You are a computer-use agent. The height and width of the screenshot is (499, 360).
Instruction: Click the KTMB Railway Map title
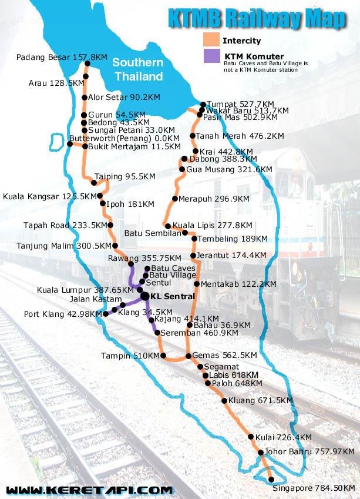click(257, 18)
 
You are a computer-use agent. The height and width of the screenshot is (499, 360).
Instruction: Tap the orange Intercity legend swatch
click(211, 40)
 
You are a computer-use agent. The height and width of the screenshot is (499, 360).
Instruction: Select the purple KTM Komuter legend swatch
click(211, 56)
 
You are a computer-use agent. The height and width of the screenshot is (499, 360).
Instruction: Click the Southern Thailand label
click(138, 69)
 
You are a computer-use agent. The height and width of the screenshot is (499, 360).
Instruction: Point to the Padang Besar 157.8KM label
click(62, 57)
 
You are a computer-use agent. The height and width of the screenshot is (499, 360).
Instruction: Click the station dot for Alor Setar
click(85, 98)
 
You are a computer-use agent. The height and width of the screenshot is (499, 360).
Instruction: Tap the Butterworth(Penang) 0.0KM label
click(116, 138)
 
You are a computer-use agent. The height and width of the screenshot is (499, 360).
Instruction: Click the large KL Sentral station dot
click(144, 296)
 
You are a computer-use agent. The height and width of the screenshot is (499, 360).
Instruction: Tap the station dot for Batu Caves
click(147, 268)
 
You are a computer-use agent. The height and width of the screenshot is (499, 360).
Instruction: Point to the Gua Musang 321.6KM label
click(229, 169)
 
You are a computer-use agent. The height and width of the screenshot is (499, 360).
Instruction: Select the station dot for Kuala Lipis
click(168, 226)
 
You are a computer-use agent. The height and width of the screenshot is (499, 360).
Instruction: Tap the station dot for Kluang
click(224, 401)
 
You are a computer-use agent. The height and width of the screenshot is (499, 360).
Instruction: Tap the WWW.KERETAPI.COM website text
click(89, 489)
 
